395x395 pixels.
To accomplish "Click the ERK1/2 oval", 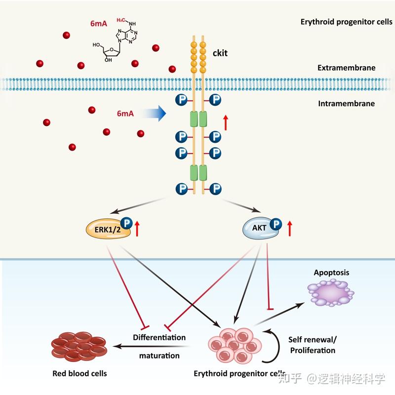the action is point(108,229).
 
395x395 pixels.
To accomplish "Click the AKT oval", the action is point(260,228).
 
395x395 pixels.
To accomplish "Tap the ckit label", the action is point(220,53).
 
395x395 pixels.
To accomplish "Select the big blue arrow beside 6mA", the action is point(154,114).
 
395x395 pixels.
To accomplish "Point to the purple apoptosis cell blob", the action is point(330,293).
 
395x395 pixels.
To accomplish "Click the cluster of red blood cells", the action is point(79,347).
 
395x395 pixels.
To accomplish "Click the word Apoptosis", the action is point(331,273).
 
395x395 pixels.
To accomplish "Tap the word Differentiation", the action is point(159,337).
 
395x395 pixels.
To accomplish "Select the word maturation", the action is point(159,355).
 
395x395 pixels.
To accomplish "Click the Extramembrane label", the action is point(347,68).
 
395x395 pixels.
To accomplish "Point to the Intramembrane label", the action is point(347,104).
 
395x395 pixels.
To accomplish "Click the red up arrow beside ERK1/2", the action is point(137,229).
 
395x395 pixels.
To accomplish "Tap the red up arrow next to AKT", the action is point(290,228).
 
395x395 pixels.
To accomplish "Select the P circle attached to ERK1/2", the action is point(126,223).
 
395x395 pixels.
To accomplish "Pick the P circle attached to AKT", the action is point(276,224).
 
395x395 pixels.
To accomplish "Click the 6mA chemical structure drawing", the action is point(115,40).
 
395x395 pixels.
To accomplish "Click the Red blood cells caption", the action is point(79,373).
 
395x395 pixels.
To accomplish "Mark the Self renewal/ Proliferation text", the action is point(313,345).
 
